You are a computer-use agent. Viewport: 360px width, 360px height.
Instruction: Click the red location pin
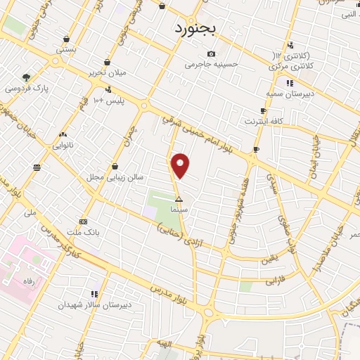coord(181,166)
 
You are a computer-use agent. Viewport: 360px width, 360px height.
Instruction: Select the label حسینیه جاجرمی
coord(211,65)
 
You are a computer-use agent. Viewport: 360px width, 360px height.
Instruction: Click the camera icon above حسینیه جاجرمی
coord(211,54)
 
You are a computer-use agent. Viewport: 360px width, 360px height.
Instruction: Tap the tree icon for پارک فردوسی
coord(27,77)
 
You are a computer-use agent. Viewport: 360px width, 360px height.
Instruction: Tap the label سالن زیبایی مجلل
coord(107,177)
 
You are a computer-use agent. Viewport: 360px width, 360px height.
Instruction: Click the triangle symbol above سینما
coord(179,199)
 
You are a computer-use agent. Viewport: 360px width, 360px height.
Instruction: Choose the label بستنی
coord(66,51)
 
